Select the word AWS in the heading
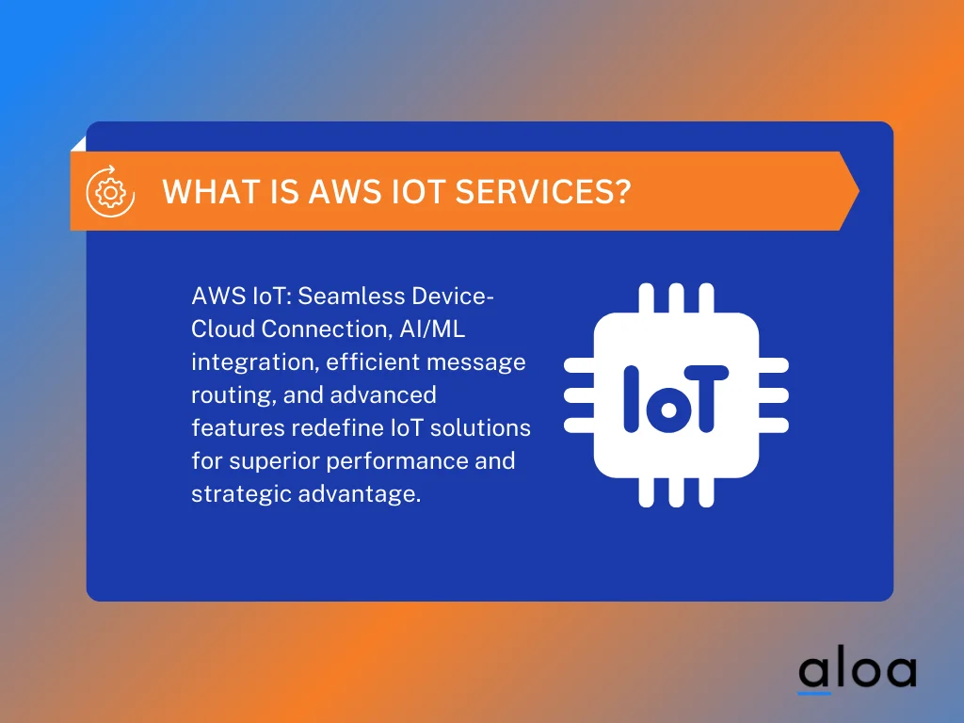click(345, 192)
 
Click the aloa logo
click(857, 670)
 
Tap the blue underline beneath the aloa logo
click(814, 694)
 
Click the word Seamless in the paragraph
click(344, 297)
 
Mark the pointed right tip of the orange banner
click(858, 191)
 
